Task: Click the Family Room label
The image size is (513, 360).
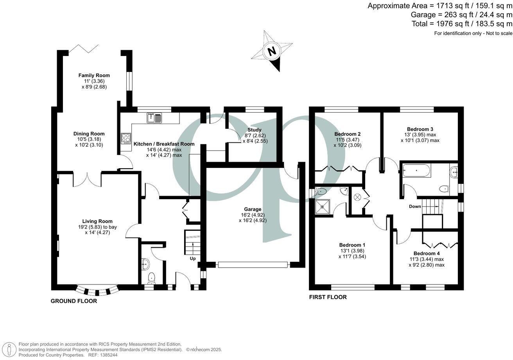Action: (x=94, y=75)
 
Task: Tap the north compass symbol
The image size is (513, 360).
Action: (x=272, y=51)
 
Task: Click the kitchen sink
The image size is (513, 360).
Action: (x=155, y=117)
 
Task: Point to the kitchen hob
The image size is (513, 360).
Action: (x=126, y=138)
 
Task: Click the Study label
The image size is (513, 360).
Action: (x=255, y=130)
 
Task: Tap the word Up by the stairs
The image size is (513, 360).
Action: (x=193, y=259)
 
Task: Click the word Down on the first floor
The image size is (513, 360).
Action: (x=415, y=206)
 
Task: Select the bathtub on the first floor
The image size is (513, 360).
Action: (x=416, y=171)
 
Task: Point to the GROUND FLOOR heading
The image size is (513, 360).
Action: (x=74, y=301)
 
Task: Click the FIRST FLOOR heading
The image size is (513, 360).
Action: (x=328, y=297)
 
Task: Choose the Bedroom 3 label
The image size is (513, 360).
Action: (x=420, y=129)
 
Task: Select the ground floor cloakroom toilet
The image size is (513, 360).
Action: (x=152, y=277)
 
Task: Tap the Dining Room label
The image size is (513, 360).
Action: (x=91, y=134)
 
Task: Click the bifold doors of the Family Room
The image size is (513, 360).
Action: (x=84, y=49)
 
